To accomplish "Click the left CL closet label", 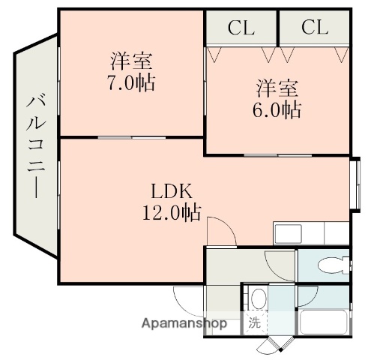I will [241, 28].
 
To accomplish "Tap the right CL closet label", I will [315, 28].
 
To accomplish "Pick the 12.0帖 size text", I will [172, 213].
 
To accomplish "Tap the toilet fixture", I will [331, 264].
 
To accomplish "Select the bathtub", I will [324, 325].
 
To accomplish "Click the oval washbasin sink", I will [259, 299].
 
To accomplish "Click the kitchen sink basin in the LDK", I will [289, 233].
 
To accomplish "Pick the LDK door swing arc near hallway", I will [222, 229].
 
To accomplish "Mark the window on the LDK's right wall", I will [357, 181].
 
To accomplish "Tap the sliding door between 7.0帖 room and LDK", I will [132, 137].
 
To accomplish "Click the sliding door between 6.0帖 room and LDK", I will [277, 154].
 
